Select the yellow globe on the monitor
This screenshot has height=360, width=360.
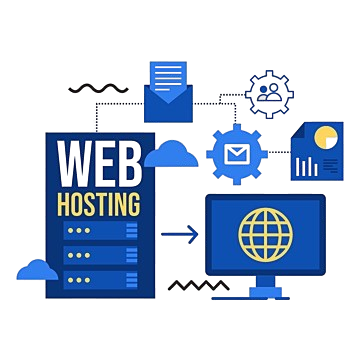coord(264,231)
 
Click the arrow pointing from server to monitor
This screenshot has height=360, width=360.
coord(180,236)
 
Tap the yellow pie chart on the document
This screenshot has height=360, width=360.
coord(324,137)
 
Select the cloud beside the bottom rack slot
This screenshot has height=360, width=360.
coord(38,269)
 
